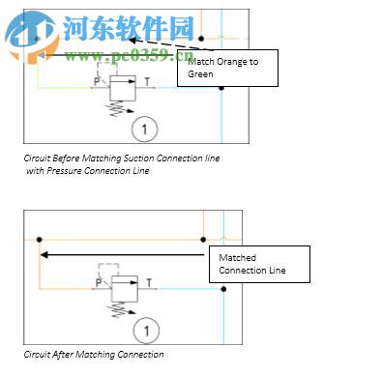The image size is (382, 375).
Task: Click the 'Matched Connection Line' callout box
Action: (260, 263)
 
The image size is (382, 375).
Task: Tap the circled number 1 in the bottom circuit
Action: (145, 331)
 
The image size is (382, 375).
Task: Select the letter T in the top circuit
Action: (147, 82)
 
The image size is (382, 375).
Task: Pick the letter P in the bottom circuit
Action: (99, 283)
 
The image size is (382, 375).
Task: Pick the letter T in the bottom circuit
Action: (151, 283)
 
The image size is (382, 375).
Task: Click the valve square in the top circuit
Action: (122, 89)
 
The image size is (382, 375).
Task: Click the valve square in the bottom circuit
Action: (125, 288)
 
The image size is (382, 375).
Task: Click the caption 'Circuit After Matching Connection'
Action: (94, 355)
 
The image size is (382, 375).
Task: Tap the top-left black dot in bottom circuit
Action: (38, 239)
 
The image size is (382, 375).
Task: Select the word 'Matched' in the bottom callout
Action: (237, 257)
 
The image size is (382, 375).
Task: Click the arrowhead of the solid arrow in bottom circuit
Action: (44, 255)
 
